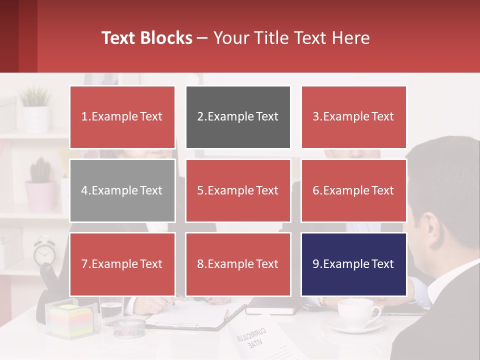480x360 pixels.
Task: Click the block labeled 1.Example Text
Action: pos(122,117)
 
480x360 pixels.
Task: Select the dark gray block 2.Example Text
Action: pos(238,117)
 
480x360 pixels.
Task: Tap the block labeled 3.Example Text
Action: pos(353,117)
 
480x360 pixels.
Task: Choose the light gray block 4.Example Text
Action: pos(122,190)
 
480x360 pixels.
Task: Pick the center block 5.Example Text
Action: pos(238,190)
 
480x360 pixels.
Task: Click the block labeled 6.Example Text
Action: pos(353,190)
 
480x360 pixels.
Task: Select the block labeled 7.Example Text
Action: pos(122,264)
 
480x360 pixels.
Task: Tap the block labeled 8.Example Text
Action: pos(238,264)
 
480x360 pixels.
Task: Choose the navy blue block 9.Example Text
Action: pos(353,264)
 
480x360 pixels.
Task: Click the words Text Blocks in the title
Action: pos(147,38)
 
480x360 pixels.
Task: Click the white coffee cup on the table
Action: pos(357,312)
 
